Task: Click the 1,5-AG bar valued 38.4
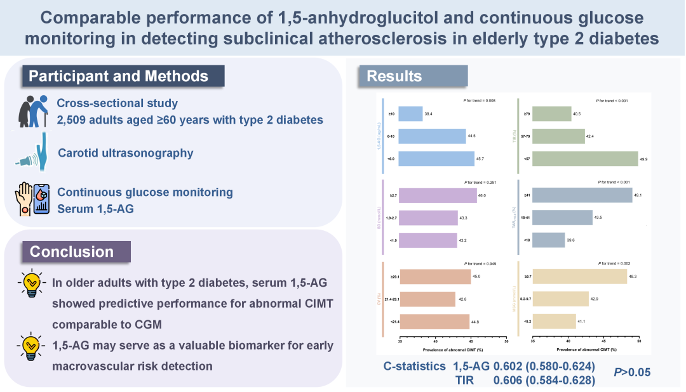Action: (411, 114)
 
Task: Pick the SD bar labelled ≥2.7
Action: (438, 196)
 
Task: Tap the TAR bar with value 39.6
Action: (547, 241)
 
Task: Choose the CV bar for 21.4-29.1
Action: (427, 299)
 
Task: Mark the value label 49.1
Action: (640, 196)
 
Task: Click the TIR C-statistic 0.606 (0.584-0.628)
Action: (544, 379)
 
